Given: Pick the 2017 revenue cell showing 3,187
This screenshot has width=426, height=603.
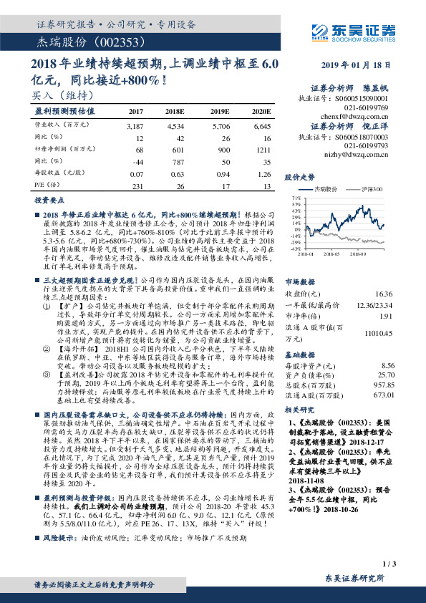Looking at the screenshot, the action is (x=135, y=126).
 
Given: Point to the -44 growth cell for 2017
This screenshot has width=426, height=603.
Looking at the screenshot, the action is (x=137, y=161).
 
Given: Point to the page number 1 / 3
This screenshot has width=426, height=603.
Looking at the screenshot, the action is (x=389, y=565).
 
